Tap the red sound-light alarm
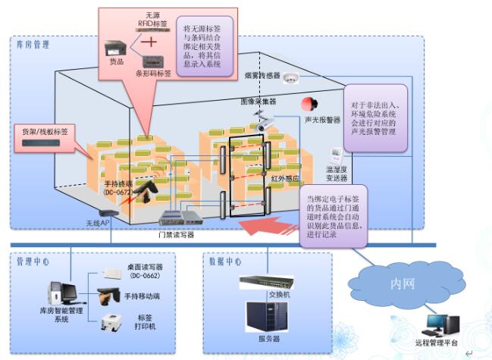tap(308, 105)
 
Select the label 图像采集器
tap(259, 101)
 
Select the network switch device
tap(265, 282)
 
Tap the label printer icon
tap(113, 321)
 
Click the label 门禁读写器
tap(176, 235)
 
